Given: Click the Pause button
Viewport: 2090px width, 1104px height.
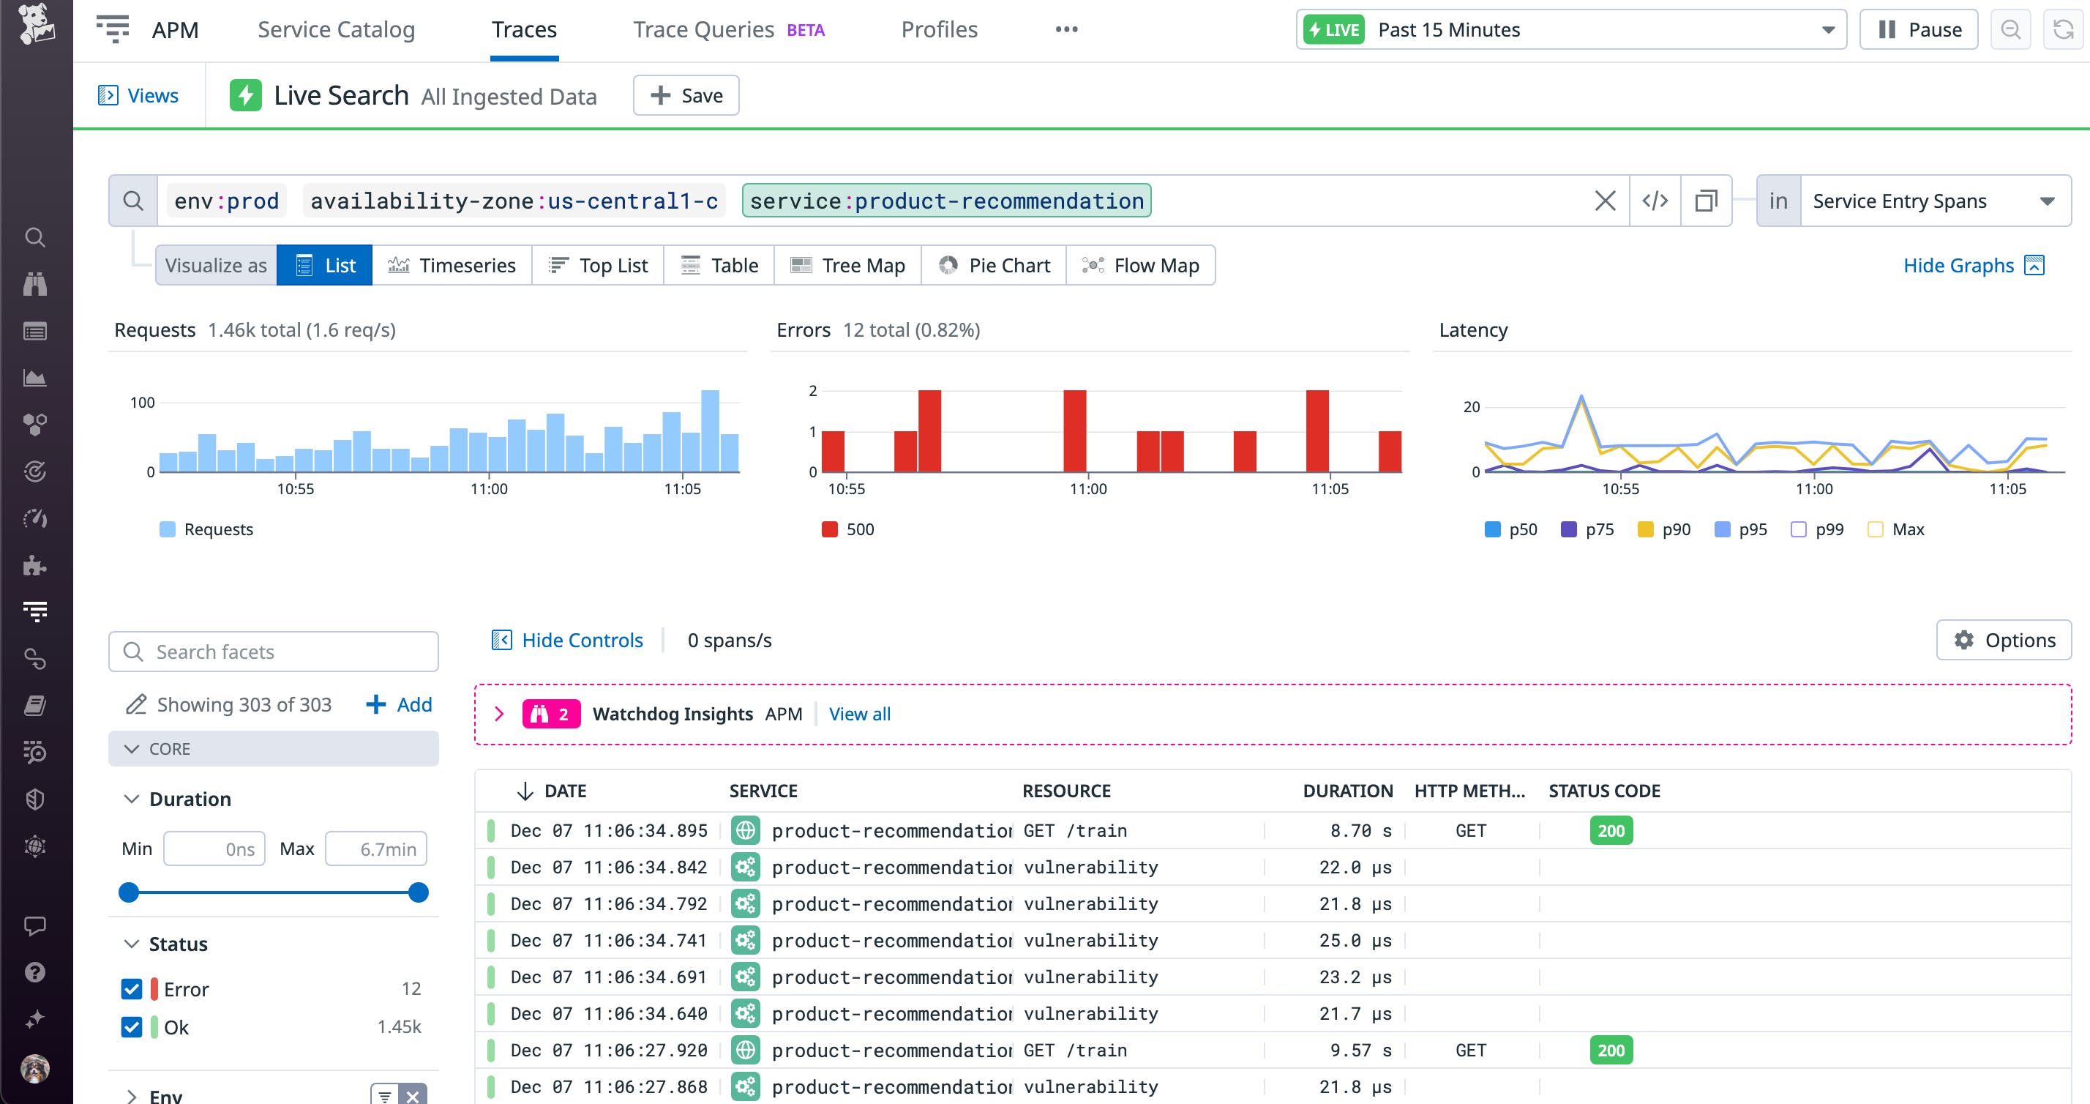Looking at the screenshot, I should pyautogui.click(x=1918, y=30).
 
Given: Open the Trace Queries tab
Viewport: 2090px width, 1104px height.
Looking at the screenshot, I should pyautogui.click(x=703, y=30).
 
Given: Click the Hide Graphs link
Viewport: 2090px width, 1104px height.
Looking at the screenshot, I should pyautogui.click(x=1958, y=266).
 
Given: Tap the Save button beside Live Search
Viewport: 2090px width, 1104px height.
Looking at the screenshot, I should pyautogui.click(x=686, y=96).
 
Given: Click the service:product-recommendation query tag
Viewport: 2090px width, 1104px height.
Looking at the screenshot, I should pyautogui.click(x=946, y=201).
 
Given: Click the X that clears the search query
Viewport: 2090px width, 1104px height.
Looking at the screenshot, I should pyautogui.click(x=1605, y=201).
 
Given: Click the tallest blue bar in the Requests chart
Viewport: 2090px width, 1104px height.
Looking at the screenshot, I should pyautogui.click(x=710, y=431).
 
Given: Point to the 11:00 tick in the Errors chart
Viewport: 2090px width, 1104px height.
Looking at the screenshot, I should pyautogui.click(x=1087, y=488).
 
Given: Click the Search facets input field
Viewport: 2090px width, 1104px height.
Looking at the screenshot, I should pyautogui.click(x=274, y=652).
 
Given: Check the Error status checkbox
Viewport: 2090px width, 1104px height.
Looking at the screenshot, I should pyautogui.click(x=132, y=989).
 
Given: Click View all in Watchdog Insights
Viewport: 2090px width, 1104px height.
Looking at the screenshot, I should pyautogui.click(x=859, y=715).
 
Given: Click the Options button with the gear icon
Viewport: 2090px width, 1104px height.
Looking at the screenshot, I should pyautogui.click(x=2004, y=641).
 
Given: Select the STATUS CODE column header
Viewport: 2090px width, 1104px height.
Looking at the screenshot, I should pyautogui.click(x=1604, y=791).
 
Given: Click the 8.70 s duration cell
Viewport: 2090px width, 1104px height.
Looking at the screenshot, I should pyautogui.click(x=1360, y=830).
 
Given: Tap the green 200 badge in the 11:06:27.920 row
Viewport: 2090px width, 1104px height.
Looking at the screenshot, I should pyautogui.click(x=1611, y=1051).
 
